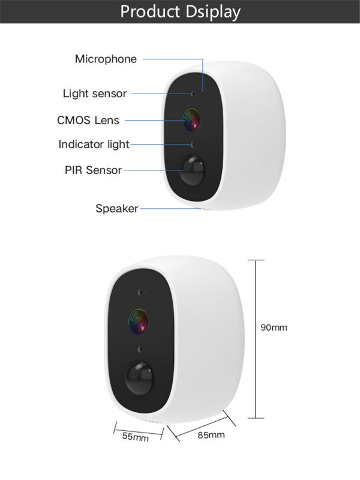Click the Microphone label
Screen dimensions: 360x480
pos(106,59)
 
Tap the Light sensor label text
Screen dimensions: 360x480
pos(95,94)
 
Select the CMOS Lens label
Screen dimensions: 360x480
pos(88,121)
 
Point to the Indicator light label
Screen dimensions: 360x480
pos(94,145)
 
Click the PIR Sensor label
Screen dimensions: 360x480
pos(94,170)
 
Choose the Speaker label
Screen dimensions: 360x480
pos(117,209)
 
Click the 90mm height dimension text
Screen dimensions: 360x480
pos(274,328)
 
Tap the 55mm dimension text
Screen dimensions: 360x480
pos(136,437)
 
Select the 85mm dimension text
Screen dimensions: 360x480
pos(211,435)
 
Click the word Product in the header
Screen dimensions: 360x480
pos(150,11)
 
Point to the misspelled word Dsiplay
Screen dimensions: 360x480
pos(213,12)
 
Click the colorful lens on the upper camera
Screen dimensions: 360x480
pos(191,119)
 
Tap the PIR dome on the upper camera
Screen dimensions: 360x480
pos(192,170)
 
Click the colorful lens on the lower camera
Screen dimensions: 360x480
pos(139,322)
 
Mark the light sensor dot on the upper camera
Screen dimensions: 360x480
pos(192,94)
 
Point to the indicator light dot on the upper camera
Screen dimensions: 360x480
pos(192,145)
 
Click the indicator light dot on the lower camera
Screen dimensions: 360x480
pos(140,349)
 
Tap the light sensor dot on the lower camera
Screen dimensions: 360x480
pos(140,293)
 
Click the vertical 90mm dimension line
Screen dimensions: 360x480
pos(256,339)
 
